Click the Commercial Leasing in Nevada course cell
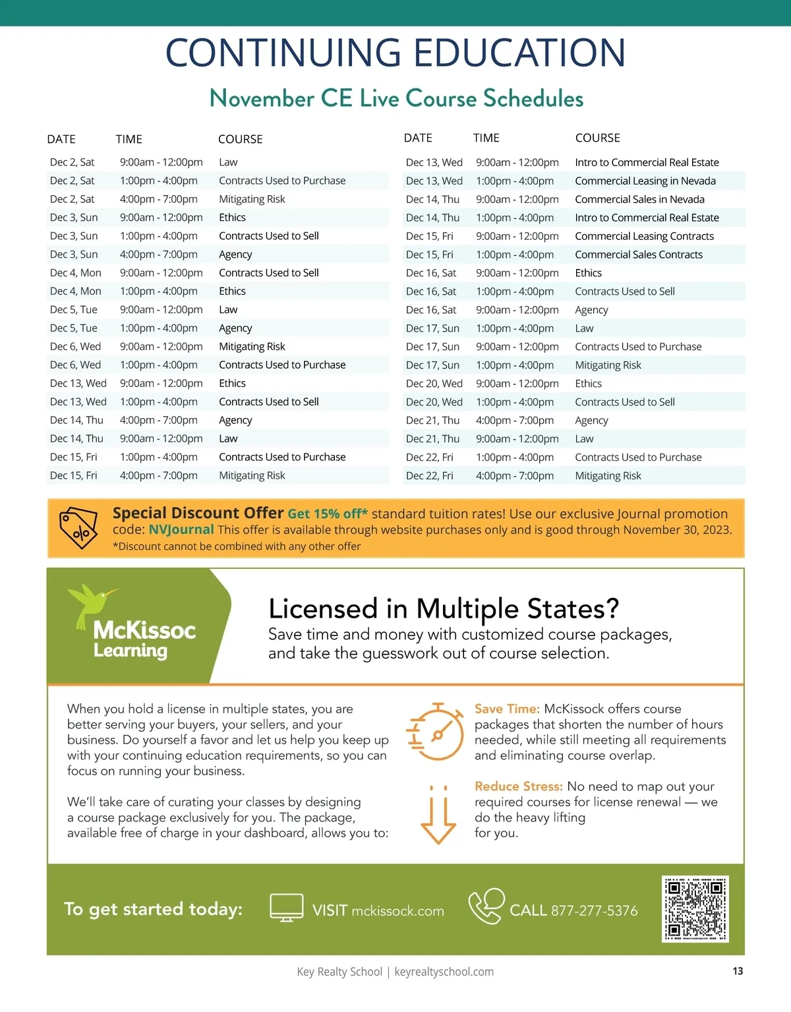pos(645,181)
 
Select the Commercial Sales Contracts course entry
pos(638,254)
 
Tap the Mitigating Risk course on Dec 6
pos(252,346)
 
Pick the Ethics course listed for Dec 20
pos(588,383)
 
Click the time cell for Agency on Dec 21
pos(514,420)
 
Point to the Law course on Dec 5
pos(228,309)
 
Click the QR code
pos(695,909)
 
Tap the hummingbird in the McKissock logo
pos(92,603)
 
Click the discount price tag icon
pos(78,529)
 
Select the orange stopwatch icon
pos(435,731)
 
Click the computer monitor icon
pos(287,908)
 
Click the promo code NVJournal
pos(181,529)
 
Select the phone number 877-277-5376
pos(594,910)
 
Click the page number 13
pos(738,971)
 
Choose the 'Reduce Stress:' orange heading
pos(518,786)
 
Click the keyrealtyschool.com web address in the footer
pos(444,972)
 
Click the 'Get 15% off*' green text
pos(328,514)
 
